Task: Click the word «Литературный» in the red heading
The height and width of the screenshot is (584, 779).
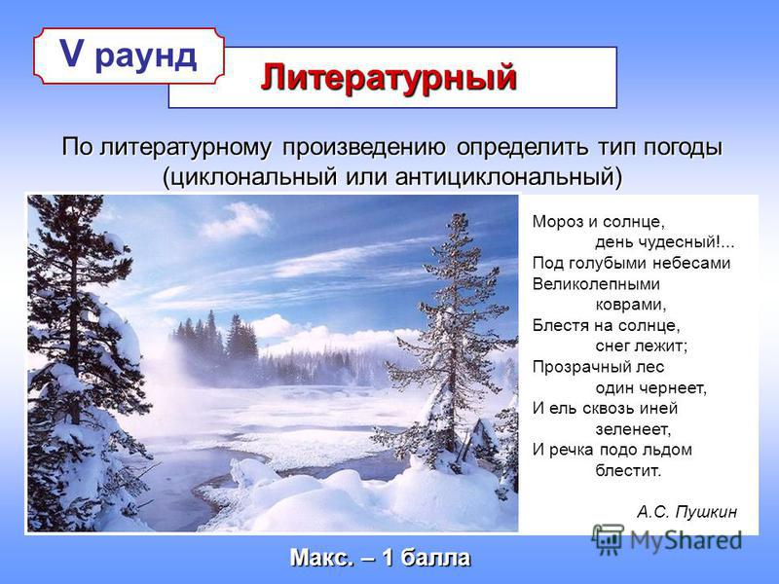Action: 389,79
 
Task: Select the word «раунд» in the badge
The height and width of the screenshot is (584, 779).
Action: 145,57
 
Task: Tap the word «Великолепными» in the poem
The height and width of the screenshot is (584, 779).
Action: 596,284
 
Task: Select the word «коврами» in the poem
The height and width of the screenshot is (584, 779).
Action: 629,305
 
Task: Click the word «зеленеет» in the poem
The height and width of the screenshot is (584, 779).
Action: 631,428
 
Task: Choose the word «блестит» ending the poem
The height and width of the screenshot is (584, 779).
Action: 627,470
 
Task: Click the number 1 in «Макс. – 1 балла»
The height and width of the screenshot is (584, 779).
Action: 388,558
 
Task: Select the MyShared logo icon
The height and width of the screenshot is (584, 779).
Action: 608,539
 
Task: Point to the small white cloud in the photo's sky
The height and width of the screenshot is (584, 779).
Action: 238,221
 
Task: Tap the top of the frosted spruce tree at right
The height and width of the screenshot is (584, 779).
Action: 460,215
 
